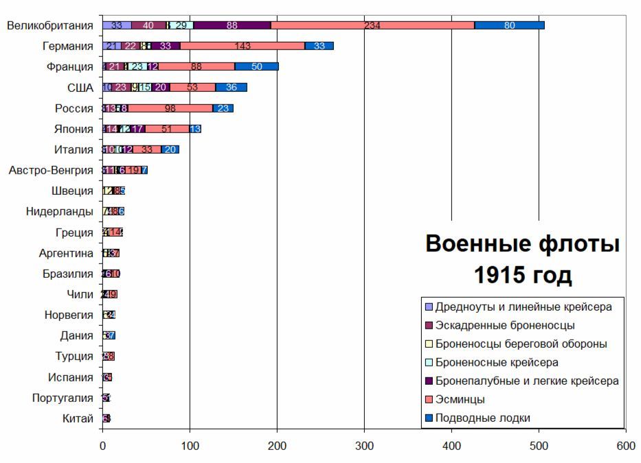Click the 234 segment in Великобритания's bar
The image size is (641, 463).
(372, 25)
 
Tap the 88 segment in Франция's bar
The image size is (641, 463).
(196, 67)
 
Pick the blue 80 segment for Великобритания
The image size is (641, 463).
(509, 25)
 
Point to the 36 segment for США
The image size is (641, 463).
(232, 87)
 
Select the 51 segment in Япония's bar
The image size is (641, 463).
(167, 129)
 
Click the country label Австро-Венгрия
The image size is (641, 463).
(51, 170)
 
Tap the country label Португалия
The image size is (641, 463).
(63, 398)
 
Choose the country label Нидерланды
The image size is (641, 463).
(60, 211)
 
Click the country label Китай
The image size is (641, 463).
(78, 418)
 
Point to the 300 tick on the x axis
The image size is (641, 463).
(364, 445)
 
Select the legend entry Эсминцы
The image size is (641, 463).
(460, 399)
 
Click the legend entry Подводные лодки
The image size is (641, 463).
(482, 418)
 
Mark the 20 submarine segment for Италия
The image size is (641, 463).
(170, 150)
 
